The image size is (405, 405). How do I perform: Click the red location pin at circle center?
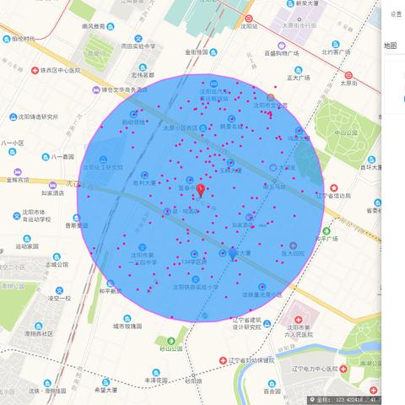click(x=201, y=190)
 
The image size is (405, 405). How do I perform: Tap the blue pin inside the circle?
click(x=233, y=252)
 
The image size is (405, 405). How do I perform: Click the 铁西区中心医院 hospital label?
click(x=57, y=70)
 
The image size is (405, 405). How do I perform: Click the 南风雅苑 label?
click(x=87, y=26)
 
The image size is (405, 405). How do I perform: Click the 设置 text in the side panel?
click(x=396, y=13)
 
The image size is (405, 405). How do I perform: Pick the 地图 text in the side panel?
click(x=390, y=46)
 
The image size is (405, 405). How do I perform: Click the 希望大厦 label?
click(x=106, y=391)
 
